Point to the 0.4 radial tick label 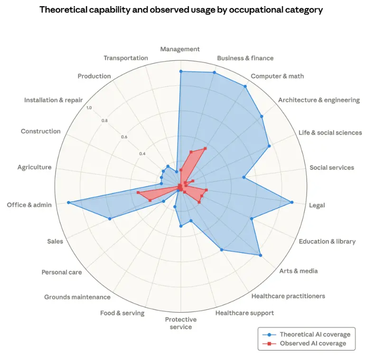(x=142, y=154)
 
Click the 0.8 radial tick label (x=105, y=120)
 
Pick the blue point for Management (x=180, y=72)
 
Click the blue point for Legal (x=292, y=202)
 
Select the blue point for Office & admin (x=68, y=203)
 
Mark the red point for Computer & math (x=205, y=148)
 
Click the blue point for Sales (x=110, y=219)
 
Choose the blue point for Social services (x=244, y=177)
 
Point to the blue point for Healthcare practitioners (x=222, y=250)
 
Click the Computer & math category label (x=277, y=76)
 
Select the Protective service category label (x=181, y=323)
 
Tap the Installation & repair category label (x=54, y=100)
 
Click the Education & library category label (x=327, y=241)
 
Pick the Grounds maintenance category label (x=77, y=297)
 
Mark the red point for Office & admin (x=138, y=193)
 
